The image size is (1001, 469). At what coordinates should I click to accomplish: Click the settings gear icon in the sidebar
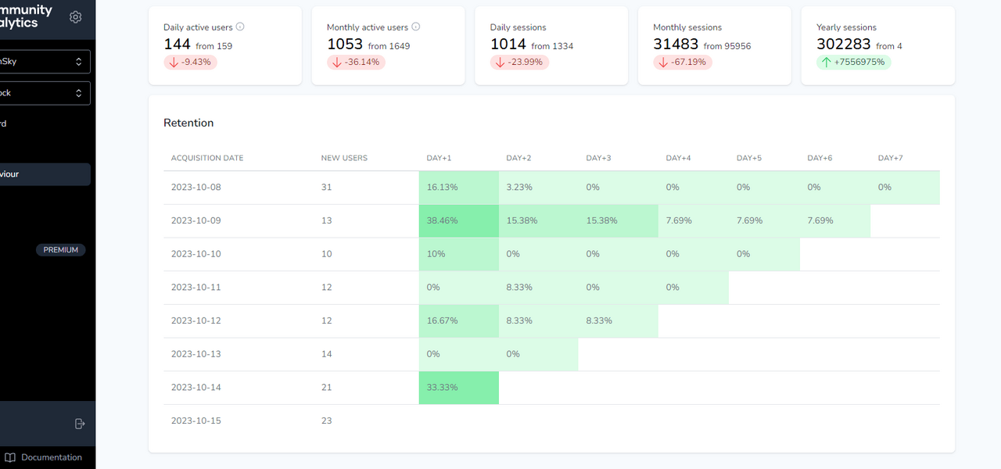click(x=76, y=16)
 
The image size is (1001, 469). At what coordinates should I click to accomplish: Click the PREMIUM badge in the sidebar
click(x=60, y=250)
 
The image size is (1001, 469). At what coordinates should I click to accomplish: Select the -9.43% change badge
click(x=190, y=63)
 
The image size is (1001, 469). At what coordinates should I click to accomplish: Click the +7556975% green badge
click(x=854, y=63)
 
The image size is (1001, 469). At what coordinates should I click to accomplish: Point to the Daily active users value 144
click(x=178, y=45)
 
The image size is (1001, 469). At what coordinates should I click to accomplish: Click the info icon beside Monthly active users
click(x=415, y=27)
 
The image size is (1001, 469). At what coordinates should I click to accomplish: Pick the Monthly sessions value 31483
click(x=676, y=45)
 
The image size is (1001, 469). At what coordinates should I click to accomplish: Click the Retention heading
click(x=188, y=123)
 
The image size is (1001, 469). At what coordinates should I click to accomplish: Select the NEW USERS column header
click(x=344, y=158)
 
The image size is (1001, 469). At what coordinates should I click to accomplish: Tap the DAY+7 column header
click(x=890, y=158)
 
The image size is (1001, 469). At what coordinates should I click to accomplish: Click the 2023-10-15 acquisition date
click(x=196, y=421)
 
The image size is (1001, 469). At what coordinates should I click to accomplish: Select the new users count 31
click(x=326, y=188)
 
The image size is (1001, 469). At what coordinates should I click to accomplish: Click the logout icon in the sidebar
click(x=79, y=424)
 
